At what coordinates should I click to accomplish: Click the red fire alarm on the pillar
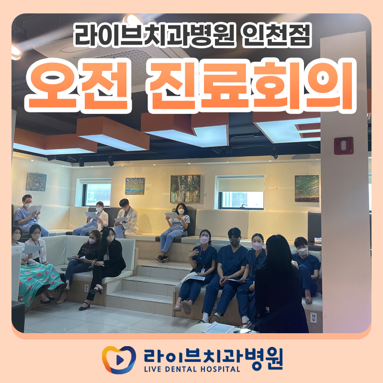pyautogui.click(x=343, y=146)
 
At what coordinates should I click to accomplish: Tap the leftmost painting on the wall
pyautogui.click(x=36, y=182)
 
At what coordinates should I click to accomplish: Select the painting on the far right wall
pyautogui.click(x=306, y=188)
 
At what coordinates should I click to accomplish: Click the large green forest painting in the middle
pyautogui.click(x=185, y=188)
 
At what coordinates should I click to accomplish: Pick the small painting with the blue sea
pyautogui.click(x=135, y=186)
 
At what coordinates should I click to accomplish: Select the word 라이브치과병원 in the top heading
pyautogui.click(x=153, y=35)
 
